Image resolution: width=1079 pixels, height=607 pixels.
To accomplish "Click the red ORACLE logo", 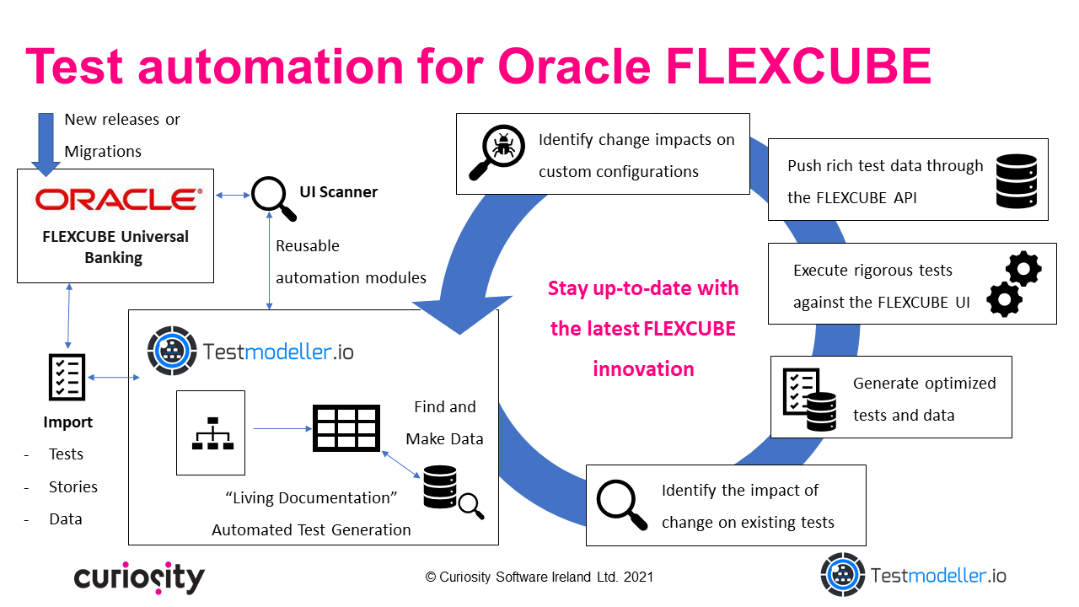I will point(119,199).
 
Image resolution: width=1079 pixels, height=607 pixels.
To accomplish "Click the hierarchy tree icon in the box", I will point(211,432).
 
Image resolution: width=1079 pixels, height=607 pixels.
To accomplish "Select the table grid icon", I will point(346,428).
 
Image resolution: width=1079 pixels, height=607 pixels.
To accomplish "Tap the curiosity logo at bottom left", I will point(139,577).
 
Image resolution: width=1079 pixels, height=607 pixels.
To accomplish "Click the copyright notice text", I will point(539,577).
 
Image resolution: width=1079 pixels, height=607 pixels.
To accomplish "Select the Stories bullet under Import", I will point(72,487).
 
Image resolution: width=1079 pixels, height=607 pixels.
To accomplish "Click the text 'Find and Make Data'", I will point(444,422).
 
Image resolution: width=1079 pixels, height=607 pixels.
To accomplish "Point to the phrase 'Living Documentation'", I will point(311,498).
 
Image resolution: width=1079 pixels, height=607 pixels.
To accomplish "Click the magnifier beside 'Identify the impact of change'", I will point(621,503).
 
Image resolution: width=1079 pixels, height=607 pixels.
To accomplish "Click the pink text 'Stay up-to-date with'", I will point(642,288).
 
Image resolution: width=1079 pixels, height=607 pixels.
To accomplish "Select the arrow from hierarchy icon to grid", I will point(278,429).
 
